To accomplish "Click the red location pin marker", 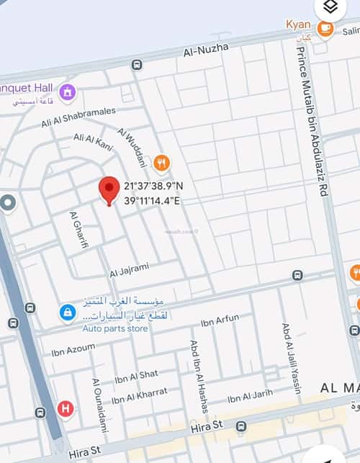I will coord(109,189).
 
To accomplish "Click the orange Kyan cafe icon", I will coord(325,28).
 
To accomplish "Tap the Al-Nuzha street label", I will coord(206,49).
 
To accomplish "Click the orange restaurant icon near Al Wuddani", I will coord(163,163).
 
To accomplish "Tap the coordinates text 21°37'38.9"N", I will coord(153,186).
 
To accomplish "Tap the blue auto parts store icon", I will coord(67,313).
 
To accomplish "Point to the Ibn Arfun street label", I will coord(220,321).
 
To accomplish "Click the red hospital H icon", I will coord(66,409).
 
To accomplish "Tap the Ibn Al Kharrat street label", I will coord(139,395).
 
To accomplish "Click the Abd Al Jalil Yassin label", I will coord(292,358).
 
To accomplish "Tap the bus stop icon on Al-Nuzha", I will coord(137,65).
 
